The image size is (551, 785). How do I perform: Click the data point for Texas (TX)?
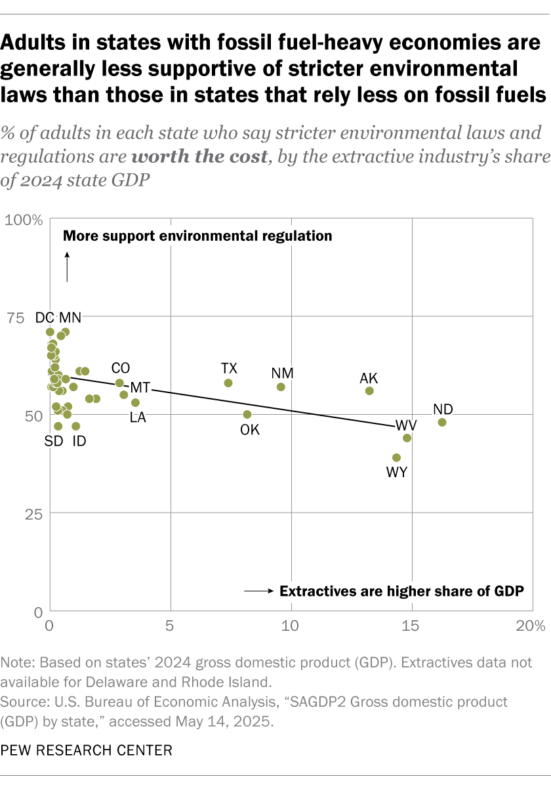click(x=228, y=383)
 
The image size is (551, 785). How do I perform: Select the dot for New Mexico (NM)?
click(x=281, y=387)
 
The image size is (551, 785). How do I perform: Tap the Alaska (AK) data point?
click(x=369, y=391)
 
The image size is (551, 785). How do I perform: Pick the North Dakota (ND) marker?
click(x=442, y=422)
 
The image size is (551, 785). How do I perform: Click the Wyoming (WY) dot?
click(x=396, y=457)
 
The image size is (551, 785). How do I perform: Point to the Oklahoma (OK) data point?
click(x=247, y=414)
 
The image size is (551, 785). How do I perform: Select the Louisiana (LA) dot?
click(x=135, y=402)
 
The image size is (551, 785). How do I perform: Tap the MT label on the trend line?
click(x=140, y=387)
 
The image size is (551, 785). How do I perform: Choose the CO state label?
click(x=121, y=368)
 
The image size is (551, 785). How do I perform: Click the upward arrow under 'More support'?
click(x=67, y=267)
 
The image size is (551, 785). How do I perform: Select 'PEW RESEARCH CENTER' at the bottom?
click(x=87, y=750)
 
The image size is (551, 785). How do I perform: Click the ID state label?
click(x=78, y=441)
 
